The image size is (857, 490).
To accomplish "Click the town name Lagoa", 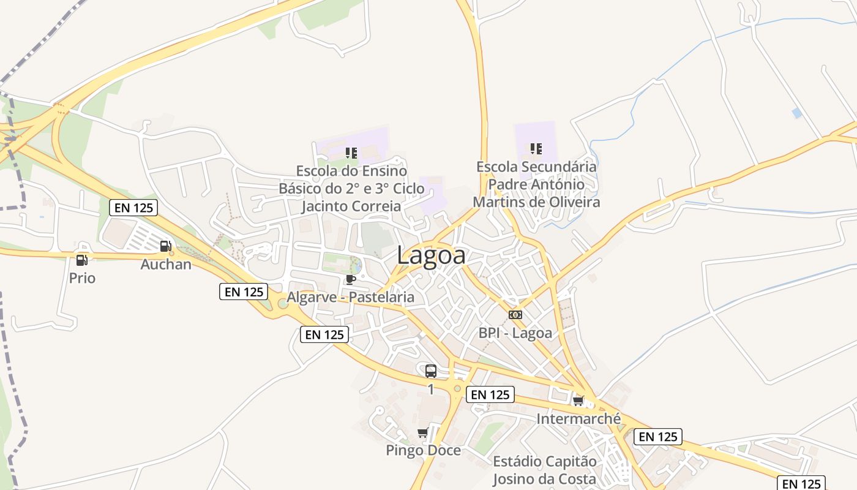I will point(431,255).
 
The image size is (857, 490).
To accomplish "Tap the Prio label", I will point(82,278).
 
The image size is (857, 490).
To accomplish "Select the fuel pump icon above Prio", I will point(81,260).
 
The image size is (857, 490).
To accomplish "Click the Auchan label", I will point(166,265).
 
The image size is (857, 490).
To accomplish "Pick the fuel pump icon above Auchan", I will point(165,247).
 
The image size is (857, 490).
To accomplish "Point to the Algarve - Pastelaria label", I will point(351,297).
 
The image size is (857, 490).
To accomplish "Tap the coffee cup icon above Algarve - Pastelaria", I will point(351,280).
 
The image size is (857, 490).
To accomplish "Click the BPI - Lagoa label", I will point(515,333).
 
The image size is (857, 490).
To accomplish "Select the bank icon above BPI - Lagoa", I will point(515,315).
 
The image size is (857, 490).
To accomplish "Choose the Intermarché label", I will point(578,419).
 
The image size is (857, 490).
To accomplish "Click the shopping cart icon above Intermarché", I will point(578,401).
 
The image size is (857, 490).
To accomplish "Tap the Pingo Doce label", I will point(423,451).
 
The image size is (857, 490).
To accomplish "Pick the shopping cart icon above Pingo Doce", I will point(422,434).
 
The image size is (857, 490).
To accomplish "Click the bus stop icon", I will point(431,371).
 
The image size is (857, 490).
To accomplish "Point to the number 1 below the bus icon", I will point(431,389).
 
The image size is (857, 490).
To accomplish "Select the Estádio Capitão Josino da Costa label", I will point(545,470).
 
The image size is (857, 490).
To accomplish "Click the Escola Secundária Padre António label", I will point(536,184).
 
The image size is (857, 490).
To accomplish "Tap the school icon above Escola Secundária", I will point(536,148).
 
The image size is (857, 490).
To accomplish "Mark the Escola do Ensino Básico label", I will point(351,188).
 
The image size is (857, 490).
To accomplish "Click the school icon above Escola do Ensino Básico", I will point(351,153).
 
